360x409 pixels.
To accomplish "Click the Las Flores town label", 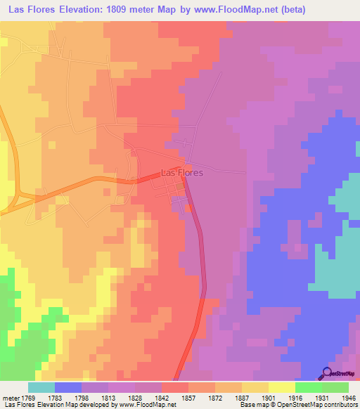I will (182, 171).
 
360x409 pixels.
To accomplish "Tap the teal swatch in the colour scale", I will (41, 388).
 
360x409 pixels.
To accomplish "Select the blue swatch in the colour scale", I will (68, 388).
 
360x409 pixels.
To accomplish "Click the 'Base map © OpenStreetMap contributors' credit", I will (297, 404).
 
